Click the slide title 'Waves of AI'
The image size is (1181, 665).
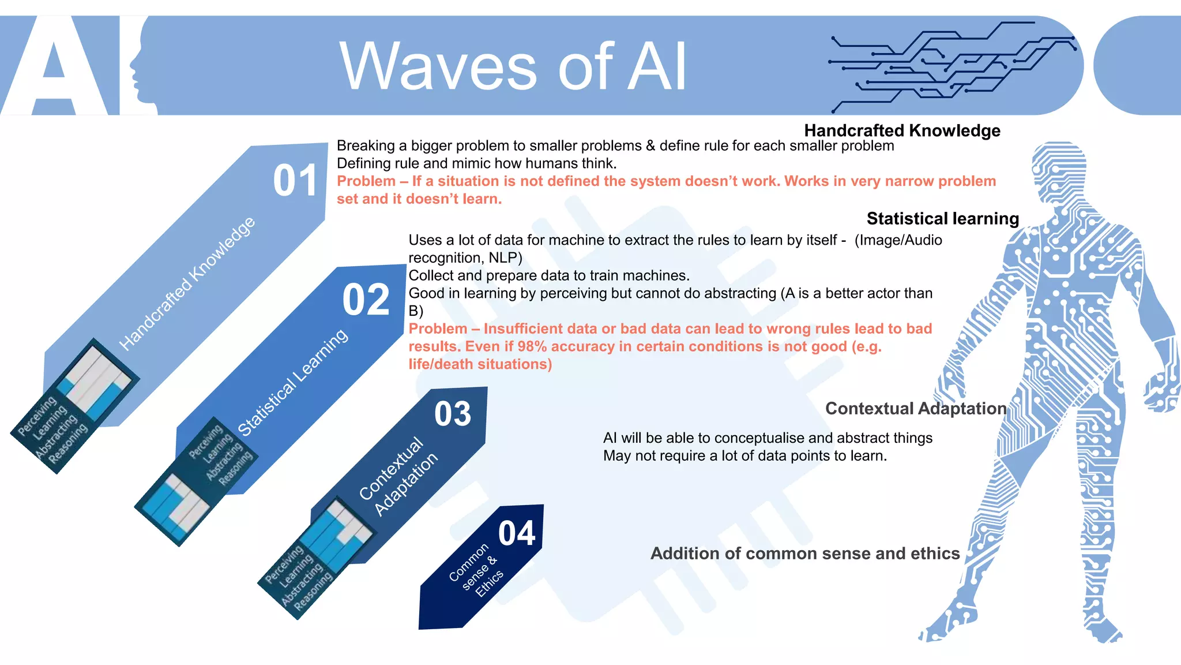tap(513, 66)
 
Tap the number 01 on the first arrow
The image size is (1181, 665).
tap(295, 181)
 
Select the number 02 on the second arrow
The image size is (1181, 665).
tap(366, 300)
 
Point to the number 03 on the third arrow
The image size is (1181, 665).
tap(453, 414)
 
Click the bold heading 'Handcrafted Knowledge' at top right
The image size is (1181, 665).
tap(902, 130)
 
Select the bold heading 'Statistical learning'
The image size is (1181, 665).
tap(942, 218)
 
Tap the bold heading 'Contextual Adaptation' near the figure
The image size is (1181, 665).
tap(915, 408)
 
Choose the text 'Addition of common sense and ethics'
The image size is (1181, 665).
tap(804, 553)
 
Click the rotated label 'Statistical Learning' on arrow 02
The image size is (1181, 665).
tap(293, 382)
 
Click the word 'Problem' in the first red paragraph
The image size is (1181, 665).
tap(366, 181)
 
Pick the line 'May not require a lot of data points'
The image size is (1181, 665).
tap(744, 455)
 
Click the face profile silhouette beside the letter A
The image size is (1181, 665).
tap(138, 69)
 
